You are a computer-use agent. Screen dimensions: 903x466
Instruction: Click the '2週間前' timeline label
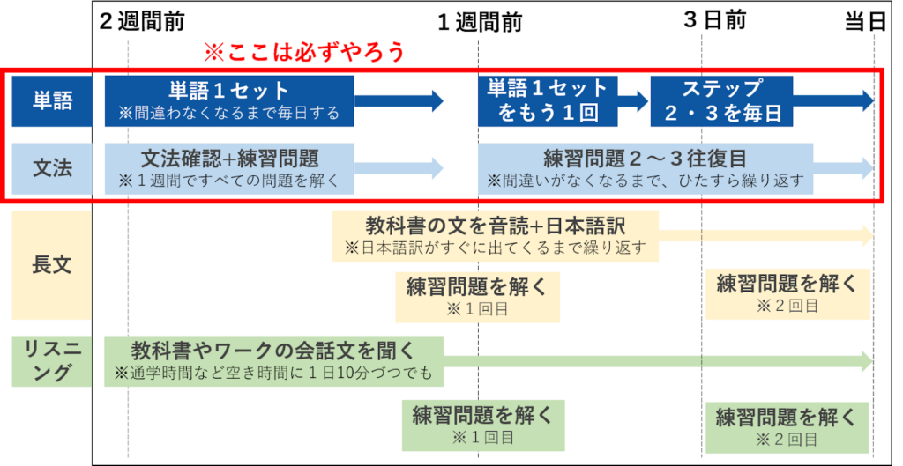tap(142, 21)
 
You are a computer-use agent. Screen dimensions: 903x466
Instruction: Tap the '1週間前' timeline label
tap(480, 22)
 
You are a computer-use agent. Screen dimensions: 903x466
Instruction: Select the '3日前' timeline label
tap(714, 20)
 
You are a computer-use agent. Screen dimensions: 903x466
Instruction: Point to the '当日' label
tap(865, 21)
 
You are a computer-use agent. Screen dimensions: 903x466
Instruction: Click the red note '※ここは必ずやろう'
tap(304, 52)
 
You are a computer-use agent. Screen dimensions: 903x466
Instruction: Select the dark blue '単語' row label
tap(52, 100)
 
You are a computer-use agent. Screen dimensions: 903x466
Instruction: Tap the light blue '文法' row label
tap(52, 168)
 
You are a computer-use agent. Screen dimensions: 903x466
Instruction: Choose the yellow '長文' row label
tap(52, 264)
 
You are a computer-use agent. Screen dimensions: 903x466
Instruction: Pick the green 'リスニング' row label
tap(52, 361)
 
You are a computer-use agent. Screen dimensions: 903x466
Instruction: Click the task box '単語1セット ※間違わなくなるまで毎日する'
tap(229, 100)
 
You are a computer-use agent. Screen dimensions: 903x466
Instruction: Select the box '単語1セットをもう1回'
tap(548, 100)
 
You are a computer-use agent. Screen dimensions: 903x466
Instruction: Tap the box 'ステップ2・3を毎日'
tap(721, 100)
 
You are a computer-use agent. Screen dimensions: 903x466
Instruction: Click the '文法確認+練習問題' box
tap(229, 168)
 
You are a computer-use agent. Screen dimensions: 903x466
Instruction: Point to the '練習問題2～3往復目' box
tap(646, 168)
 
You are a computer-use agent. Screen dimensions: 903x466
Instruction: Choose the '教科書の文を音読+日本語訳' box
tap(496, 236)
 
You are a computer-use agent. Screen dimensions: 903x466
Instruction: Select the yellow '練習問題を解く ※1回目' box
tap(477, 297)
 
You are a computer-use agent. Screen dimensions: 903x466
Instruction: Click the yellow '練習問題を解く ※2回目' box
tap(787, 293)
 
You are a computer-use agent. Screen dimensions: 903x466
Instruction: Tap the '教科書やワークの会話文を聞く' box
tap(273, 361)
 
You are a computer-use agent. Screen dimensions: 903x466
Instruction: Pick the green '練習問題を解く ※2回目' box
tap(787, 427)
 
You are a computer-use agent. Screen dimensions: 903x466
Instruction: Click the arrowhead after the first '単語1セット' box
tap(434, 100)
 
